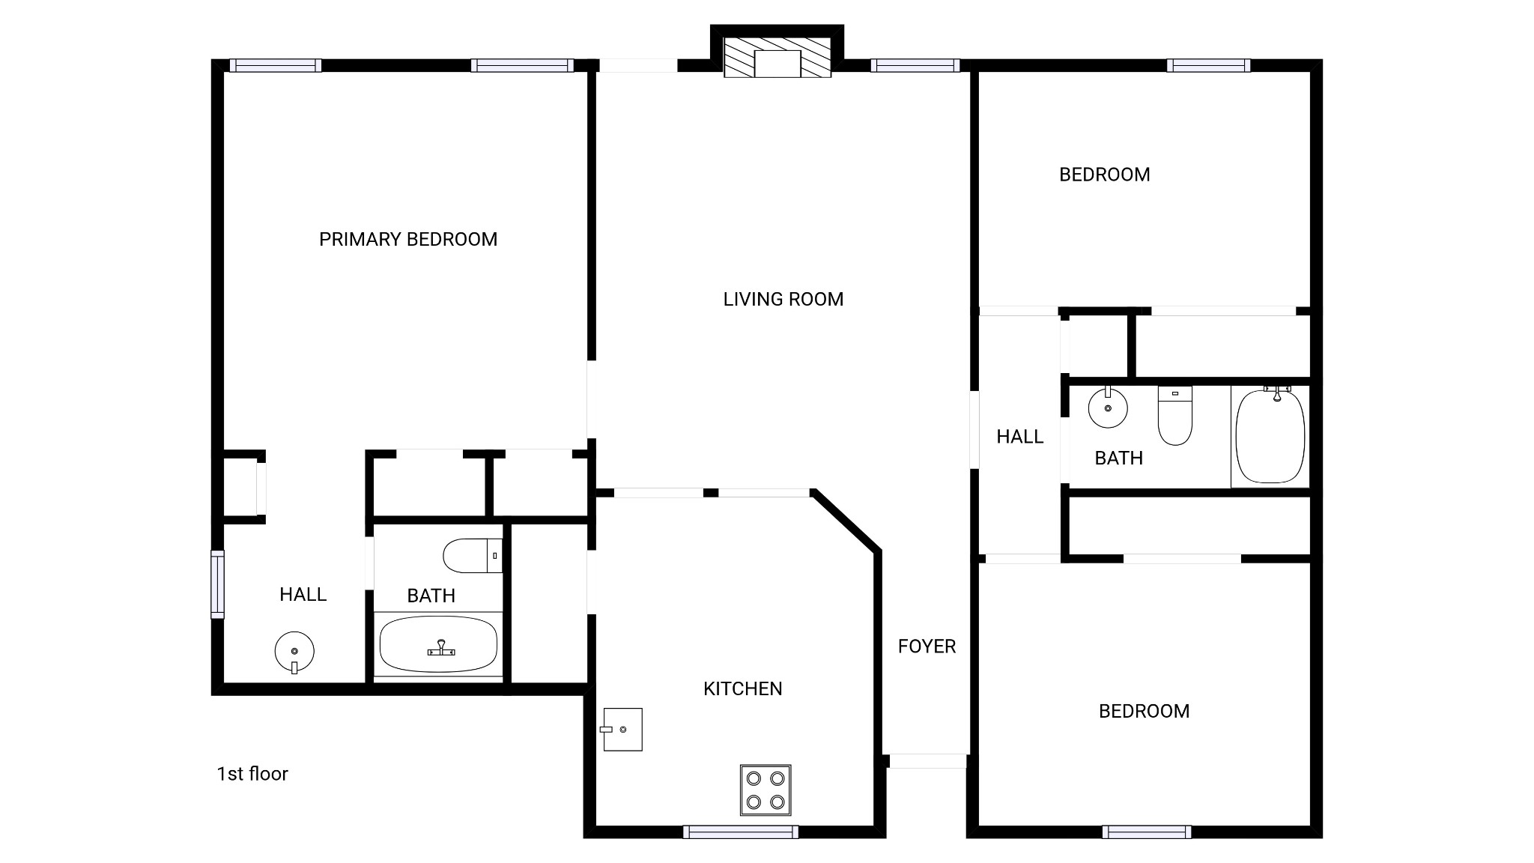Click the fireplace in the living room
777,57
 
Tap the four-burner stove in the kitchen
766,790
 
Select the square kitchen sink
622,729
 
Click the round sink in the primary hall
294,652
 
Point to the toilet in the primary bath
473,556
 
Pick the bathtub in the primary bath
438,644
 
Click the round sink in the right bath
1108,407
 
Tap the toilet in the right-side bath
1174,416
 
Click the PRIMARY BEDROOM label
408,239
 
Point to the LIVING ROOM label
783,299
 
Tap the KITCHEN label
743,688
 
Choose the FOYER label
927,646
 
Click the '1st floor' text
252,774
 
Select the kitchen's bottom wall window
741,832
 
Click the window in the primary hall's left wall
217,584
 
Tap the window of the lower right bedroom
1147,832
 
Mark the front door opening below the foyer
927,761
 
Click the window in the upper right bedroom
1208,66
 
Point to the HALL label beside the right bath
1020,436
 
